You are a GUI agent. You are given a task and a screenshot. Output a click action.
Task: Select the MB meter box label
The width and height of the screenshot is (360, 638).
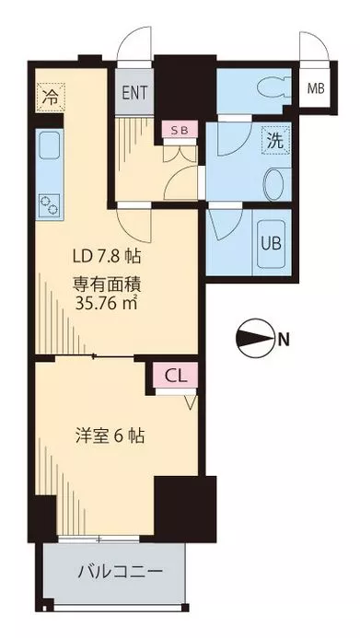pyautogui.click(x=315, y=89)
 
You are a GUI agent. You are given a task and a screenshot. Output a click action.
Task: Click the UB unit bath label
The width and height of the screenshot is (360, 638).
pyautogui.click(x=272, y=244)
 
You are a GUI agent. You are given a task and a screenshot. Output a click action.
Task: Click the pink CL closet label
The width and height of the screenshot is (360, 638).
pyautogui.click(x=175, y=376)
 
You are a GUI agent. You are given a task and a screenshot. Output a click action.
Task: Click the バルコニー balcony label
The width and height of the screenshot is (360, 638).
pyautogui.click(x=119, y=572)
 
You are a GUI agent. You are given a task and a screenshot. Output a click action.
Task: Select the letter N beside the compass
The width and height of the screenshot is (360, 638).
pyautogui.click(x=284, y=341)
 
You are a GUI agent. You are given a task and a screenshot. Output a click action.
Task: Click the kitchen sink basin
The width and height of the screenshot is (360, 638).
pyautogui.click(x=49, y=146)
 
